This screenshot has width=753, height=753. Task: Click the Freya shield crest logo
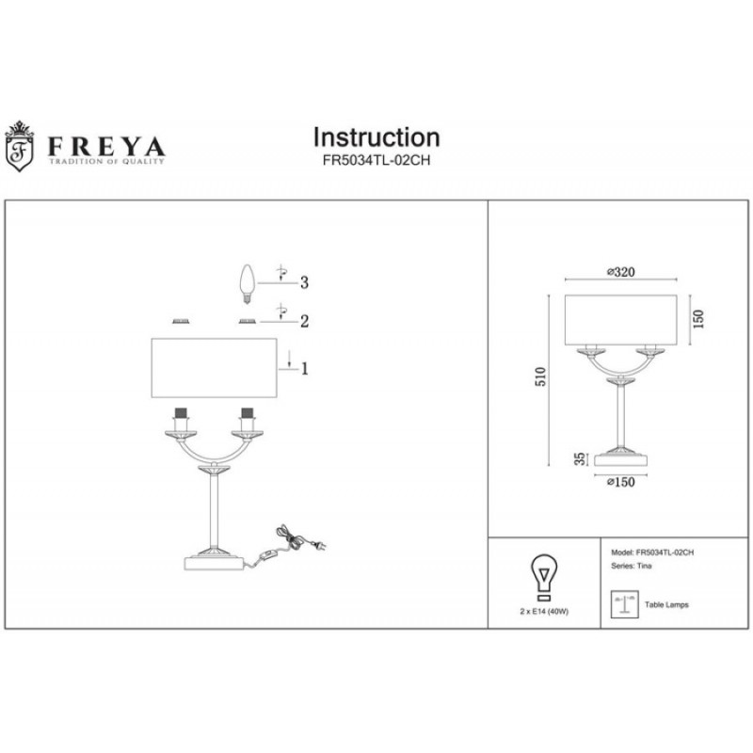19,146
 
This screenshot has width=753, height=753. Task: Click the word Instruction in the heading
376,137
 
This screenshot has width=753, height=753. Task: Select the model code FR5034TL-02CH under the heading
376,161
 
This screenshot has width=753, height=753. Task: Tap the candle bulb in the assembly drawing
247,283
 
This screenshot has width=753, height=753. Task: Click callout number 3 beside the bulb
304,282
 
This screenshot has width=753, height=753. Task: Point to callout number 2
304,321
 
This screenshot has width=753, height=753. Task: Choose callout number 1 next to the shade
304,369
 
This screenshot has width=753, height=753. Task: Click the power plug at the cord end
319,546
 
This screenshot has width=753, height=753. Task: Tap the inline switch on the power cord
265,555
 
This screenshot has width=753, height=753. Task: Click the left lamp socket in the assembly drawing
181,420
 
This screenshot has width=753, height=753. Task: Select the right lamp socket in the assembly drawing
248,420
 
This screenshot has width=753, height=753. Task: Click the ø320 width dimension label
621,272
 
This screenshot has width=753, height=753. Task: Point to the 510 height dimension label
540,376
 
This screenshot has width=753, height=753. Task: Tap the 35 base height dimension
581,458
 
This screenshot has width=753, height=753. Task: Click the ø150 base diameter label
621,482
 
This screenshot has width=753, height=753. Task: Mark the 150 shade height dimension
698,319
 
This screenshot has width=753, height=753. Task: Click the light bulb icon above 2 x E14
544,578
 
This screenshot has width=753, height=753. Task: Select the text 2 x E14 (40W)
544,611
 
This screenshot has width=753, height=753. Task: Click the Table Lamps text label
666,604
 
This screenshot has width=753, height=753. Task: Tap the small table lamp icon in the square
624,603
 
